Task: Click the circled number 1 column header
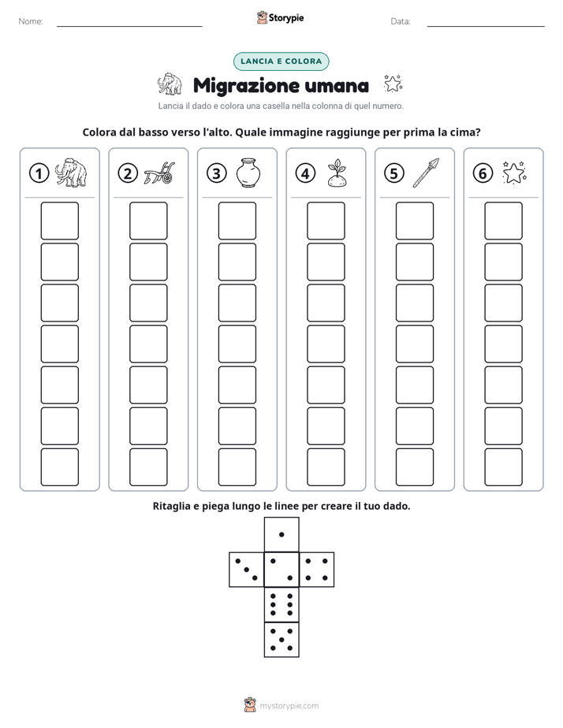[39, 173]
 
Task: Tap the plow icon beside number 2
[158, 173]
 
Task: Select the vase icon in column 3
[248, 173]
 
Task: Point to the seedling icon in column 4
[337, 173]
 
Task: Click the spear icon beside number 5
[426, 173]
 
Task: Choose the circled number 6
[483, 173]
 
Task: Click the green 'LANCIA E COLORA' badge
[281, 61]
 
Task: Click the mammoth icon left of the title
[169, 84]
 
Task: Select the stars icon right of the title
[393, 84]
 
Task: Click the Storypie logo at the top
[280, 17]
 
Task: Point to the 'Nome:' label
[31, 21]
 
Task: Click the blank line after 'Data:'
[486, 27]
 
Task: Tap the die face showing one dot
[281, 534]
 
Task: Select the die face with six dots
[281, 604]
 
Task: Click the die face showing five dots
[281, 640]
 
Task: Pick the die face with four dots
[317, 569]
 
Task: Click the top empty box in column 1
[59, 221]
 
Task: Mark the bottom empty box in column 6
[504, 467]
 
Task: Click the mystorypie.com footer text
[289, 706]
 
